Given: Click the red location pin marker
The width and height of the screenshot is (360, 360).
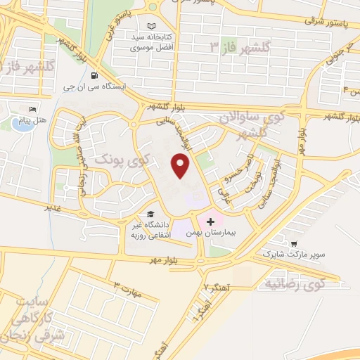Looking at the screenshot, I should (181, 165).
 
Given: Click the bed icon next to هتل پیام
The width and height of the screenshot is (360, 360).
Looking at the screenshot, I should (32, 110).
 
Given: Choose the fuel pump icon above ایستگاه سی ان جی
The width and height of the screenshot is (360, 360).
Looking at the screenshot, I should (94, 75).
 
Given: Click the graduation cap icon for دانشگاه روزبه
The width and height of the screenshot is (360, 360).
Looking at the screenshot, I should (149, 214).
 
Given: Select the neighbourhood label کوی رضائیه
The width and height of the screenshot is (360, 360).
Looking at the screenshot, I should (295, 284).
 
